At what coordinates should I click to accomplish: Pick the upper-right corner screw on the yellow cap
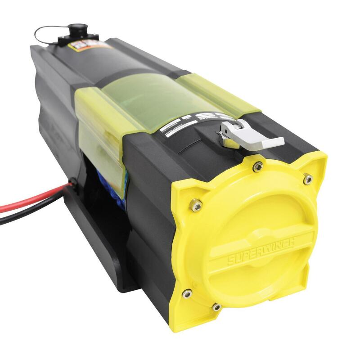tap(308, 180)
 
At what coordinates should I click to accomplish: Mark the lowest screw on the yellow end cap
tap(216, 307)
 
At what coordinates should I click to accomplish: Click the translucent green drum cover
tap(135, 103)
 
